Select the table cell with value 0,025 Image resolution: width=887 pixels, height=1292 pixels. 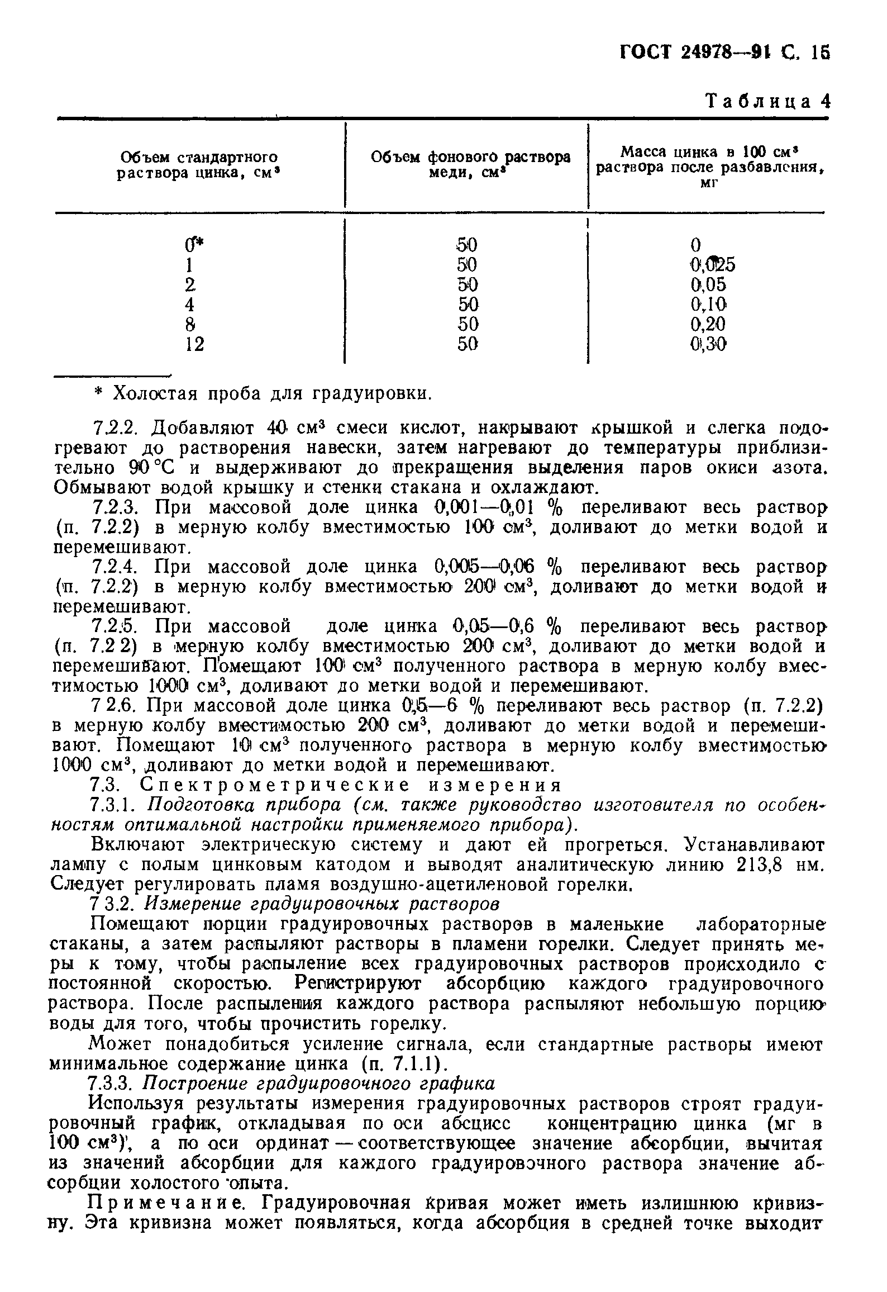pyautogui.click(x=713, y=264)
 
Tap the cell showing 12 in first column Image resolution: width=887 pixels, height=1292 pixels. pyautogui.click(x=194, y=345)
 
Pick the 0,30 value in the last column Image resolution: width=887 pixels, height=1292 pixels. pyautogui.click(x=708, y=345)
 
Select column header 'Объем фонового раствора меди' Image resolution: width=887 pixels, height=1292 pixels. pyautogui.click(x=471, y=164)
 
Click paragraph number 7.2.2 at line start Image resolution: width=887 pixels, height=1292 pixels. pyautogui.click(x=112, y=429)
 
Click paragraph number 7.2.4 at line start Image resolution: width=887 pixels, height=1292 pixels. pyautogui.click(x=112, y=567)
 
